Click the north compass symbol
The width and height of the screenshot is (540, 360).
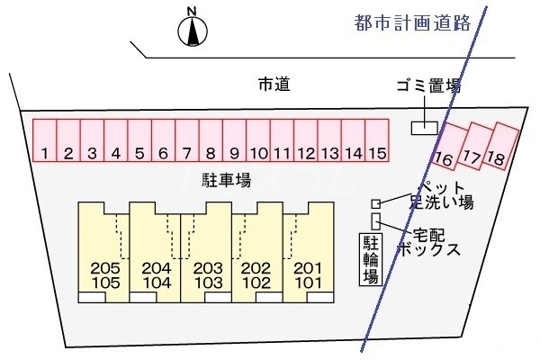[x=191, y=29]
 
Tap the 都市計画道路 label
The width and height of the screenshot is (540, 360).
[x=413, y=24]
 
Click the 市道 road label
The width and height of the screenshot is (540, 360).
[x=275, y=85]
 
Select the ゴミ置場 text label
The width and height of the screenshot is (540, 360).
[x=427, y=86]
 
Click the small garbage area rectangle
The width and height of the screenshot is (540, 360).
[x=424, y=128]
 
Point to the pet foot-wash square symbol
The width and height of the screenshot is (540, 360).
[x=376, y=203]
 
